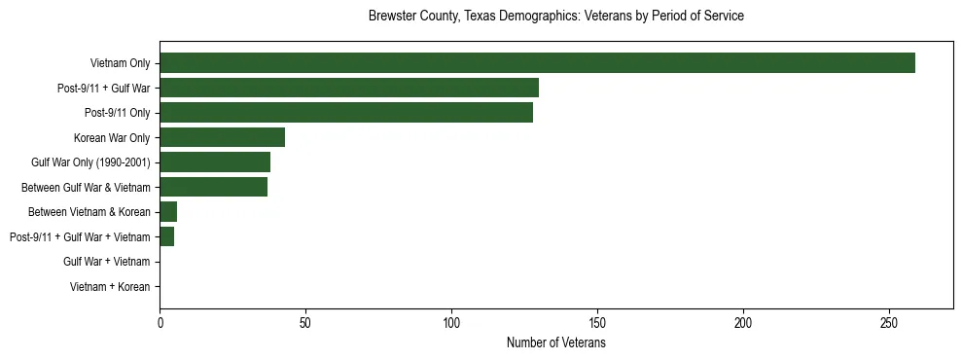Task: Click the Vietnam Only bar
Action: pos(537,63)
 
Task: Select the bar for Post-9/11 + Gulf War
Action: pos(349,88)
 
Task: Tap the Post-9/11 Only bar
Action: pos(346,113)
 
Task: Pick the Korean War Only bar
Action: pos(222,137)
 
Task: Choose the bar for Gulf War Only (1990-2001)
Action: pos(215,162)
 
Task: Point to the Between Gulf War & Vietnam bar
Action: pos(213,187)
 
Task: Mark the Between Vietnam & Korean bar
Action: pos(168,212)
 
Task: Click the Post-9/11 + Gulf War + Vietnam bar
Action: pos(167,237)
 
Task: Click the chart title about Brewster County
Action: pos(555,17)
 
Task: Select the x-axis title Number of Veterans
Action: pos(555,343)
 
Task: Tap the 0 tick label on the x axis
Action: pos(160,323)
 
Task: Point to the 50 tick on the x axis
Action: pos(305,323)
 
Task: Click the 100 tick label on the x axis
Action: pos(451,323)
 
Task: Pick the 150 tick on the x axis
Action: pos(597,323)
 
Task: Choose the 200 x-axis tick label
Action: pos(743,323)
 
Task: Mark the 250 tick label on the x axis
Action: pos(889,323)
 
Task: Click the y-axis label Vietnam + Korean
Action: pos(110,287)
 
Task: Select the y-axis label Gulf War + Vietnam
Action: pos(106,262)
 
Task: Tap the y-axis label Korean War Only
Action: pos(112,137)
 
